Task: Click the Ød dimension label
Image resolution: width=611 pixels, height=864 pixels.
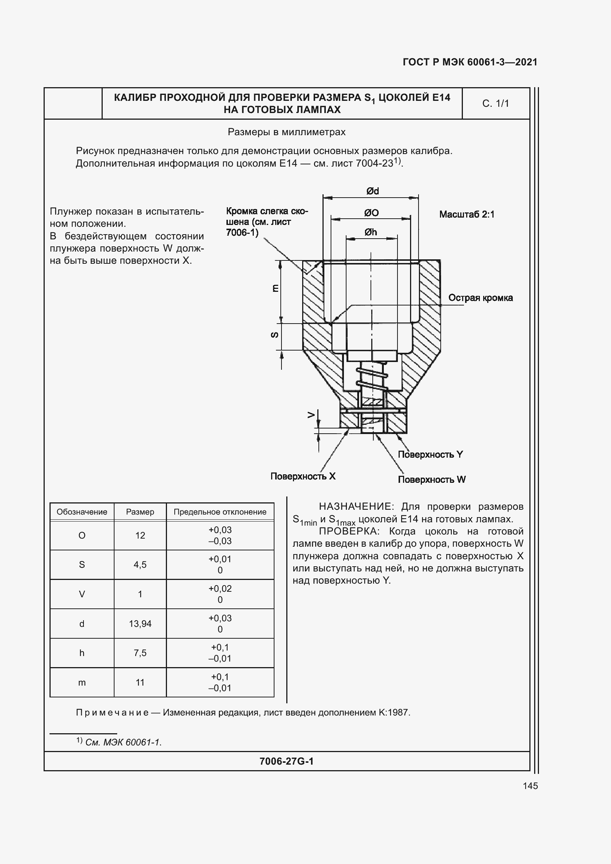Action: pos(372,191)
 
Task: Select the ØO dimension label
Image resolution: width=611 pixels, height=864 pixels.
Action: pos(371,213)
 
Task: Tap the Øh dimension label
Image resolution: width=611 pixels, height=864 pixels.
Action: pos(370,232)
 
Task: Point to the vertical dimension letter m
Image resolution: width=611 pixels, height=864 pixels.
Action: pos(275,288)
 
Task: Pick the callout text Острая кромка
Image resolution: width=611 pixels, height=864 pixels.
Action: pos(480,298)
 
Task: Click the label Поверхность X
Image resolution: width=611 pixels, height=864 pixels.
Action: pos(303,476)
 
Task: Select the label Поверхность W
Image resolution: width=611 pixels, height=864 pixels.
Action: pos(431,479)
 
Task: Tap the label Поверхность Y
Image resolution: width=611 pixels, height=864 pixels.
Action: pos(430,454)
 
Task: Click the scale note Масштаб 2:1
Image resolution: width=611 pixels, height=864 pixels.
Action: pos(467,215)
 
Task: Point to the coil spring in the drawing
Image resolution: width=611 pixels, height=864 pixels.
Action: pos(371,379)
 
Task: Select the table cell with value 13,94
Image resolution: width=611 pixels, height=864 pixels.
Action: pos(140,624)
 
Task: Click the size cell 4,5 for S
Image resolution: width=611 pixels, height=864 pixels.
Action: pos(140,564)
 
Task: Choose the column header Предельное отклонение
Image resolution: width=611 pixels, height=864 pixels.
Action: pos(220,512)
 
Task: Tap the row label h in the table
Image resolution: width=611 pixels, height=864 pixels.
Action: pos(82,653)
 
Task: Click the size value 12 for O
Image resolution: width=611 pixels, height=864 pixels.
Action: pos(140,535)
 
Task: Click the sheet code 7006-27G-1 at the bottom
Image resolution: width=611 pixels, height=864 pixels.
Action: pos(286,761)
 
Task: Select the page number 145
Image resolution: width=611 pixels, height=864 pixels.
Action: pos(530,786)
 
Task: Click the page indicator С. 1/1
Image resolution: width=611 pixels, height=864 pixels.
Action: pos(495,103)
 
